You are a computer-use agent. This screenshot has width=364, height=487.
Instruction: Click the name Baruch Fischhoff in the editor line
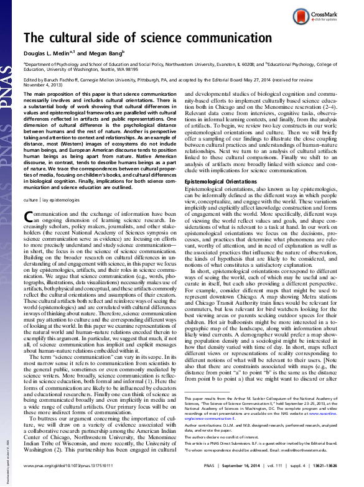tap(67, 80)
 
